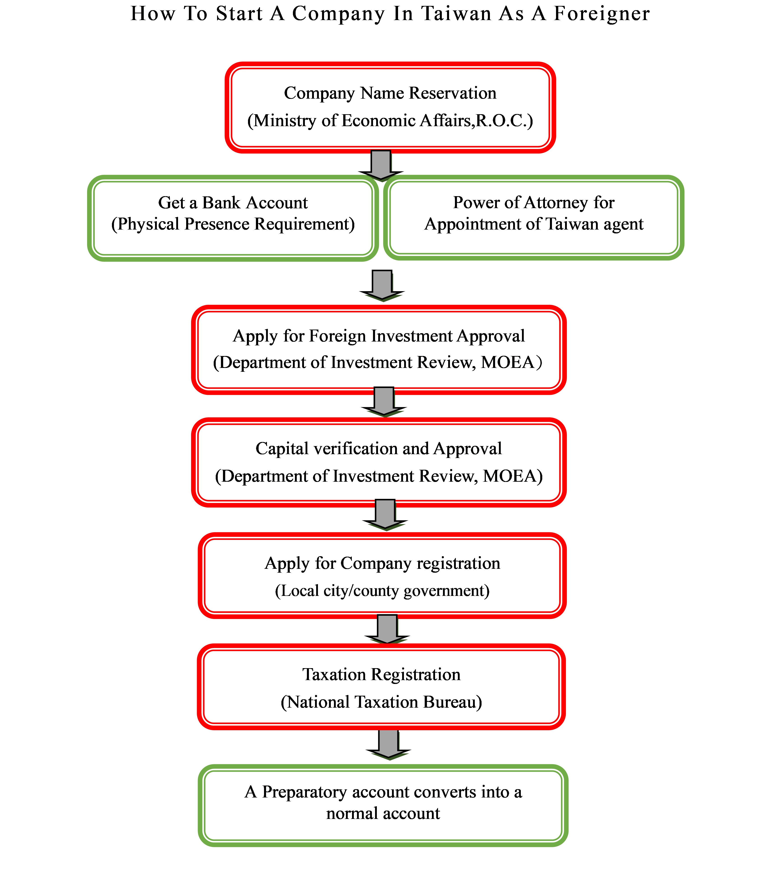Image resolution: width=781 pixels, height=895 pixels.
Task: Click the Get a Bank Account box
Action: click(233, 218)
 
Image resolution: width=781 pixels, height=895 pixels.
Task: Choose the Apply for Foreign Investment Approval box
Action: click(379, 350)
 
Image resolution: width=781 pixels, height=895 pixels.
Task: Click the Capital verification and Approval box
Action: click(379, 462)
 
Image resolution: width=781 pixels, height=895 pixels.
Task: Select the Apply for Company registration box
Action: click(382, 575)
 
